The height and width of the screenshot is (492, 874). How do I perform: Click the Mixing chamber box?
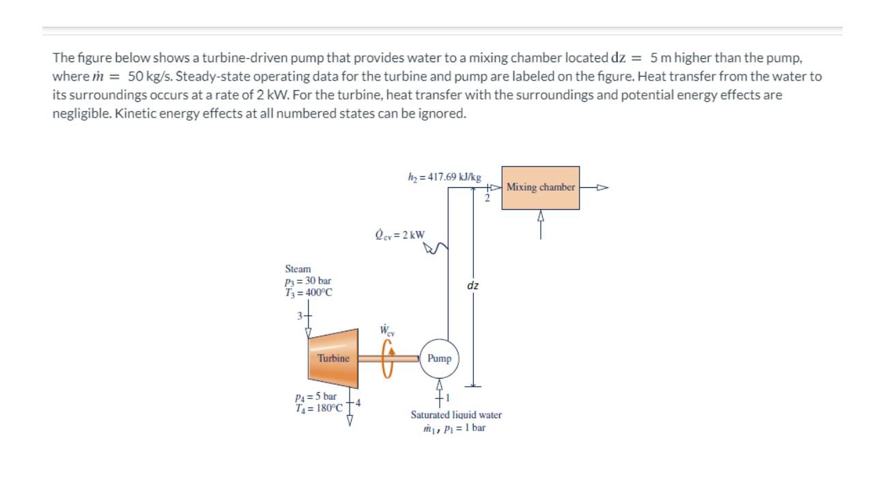[x=541, y=187]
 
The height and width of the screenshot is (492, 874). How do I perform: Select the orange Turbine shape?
[x=333, y=358]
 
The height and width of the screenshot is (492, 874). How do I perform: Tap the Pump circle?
[x=439, y=358]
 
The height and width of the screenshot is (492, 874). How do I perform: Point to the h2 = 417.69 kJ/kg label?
[x=444, y=176]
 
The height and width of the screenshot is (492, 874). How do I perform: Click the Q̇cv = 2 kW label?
[x=400, y=234]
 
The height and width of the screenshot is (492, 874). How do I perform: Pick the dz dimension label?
[x=473, y=285]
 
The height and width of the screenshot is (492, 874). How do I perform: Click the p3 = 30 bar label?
[x=309, y=281]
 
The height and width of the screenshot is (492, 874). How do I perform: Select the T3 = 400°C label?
[x=309, y=292]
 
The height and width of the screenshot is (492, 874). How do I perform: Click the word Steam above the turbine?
[x=298, y=269]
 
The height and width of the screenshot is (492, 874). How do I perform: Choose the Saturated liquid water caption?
[x=455, y=415]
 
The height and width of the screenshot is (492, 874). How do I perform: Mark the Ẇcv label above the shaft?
[x=386, y=331]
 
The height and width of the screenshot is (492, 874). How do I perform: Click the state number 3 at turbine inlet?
[x=299, y=316]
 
